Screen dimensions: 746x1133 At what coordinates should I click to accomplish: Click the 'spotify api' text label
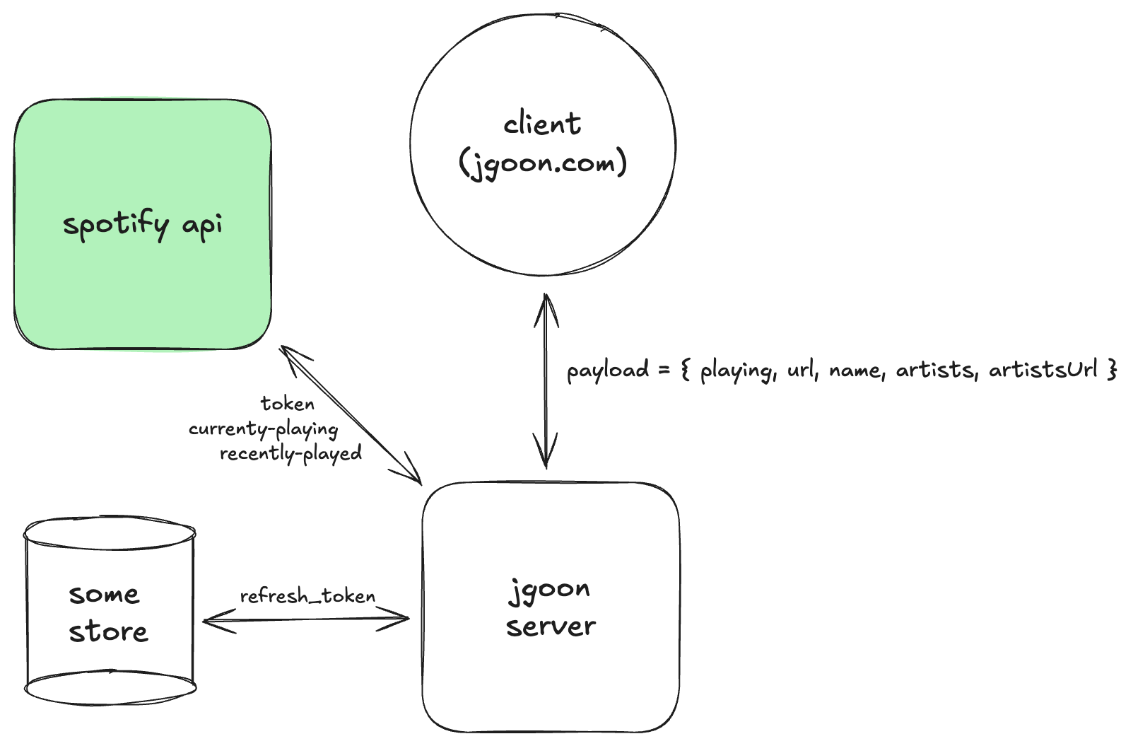coord(143,225)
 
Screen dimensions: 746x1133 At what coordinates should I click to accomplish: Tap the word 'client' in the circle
coord(542,124)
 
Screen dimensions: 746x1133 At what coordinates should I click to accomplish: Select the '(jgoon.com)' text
coord(542,164)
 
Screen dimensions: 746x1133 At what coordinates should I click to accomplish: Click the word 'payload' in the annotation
coord(607,371)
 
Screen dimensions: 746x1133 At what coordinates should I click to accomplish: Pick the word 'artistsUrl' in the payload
coord(1043,369)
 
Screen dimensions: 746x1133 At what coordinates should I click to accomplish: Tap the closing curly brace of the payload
coord(1113,369)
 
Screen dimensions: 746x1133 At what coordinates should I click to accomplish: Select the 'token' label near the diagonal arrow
coord(288,404)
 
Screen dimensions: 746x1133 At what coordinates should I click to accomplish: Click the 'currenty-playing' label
coord(263,429)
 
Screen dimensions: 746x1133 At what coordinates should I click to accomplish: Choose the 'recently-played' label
coord(290,453)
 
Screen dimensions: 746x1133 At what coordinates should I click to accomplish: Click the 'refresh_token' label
coord(307,596)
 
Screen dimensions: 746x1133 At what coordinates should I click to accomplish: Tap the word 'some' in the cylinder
coord(104,595)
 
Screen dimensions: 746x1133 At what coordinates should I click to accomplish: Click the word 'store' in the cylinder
coord(108,632)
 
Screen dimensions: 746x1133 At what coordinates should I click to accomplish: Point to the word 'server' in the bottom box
coord(551,626)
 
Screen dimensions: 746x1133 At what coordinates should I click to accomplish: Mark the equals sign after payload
coord(664,370)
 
